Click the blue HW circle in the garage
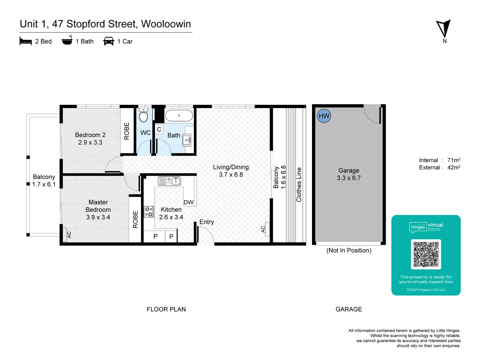click(324, 116)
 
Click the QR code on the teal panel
click(426, 254)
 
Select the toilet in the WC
click(143, 116)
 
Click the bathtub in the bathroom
click(179, 116)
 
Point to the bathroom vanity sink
click(187, 140)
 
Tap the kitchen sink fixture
click(169, 181)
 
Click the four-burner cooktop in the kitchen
click(149, 212)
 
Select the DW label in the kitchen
click(188, 202)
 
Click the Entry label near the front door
click(207, 222)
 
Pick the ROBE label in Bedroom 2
click(127, 131)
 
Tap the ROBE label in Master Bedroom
click(135, 219)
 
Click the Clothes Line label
click(299, 185)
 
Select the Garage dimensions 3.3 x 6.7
click(349, 178)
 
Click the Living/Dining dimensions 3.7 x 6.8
click(231, 175)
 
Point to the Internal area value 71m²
click(454, 160)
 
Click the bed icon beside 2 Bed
click(26, 41)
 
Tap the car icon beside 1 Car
click(109, 41)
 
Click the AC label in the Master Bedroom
click(69, 235)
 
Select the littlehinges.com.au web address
click(426, 290)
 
